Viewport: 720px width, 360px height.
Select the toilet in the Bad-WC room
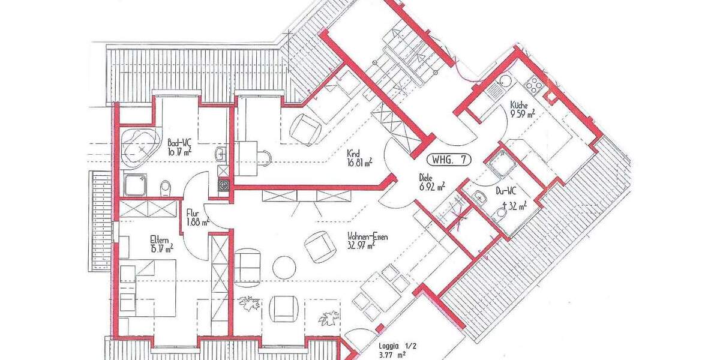pos(166,188)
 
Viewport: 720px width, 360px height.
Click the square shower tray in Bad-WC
pos(136,185)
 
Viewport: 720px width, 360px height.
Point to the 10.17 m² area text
pos(179,152)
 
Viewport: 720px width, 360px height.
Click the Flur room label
pos(193,212)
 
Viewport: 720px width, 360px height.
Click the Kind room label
pos(353,153)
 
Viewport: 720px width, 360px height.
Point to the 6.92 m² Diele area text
pos(432,187)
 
